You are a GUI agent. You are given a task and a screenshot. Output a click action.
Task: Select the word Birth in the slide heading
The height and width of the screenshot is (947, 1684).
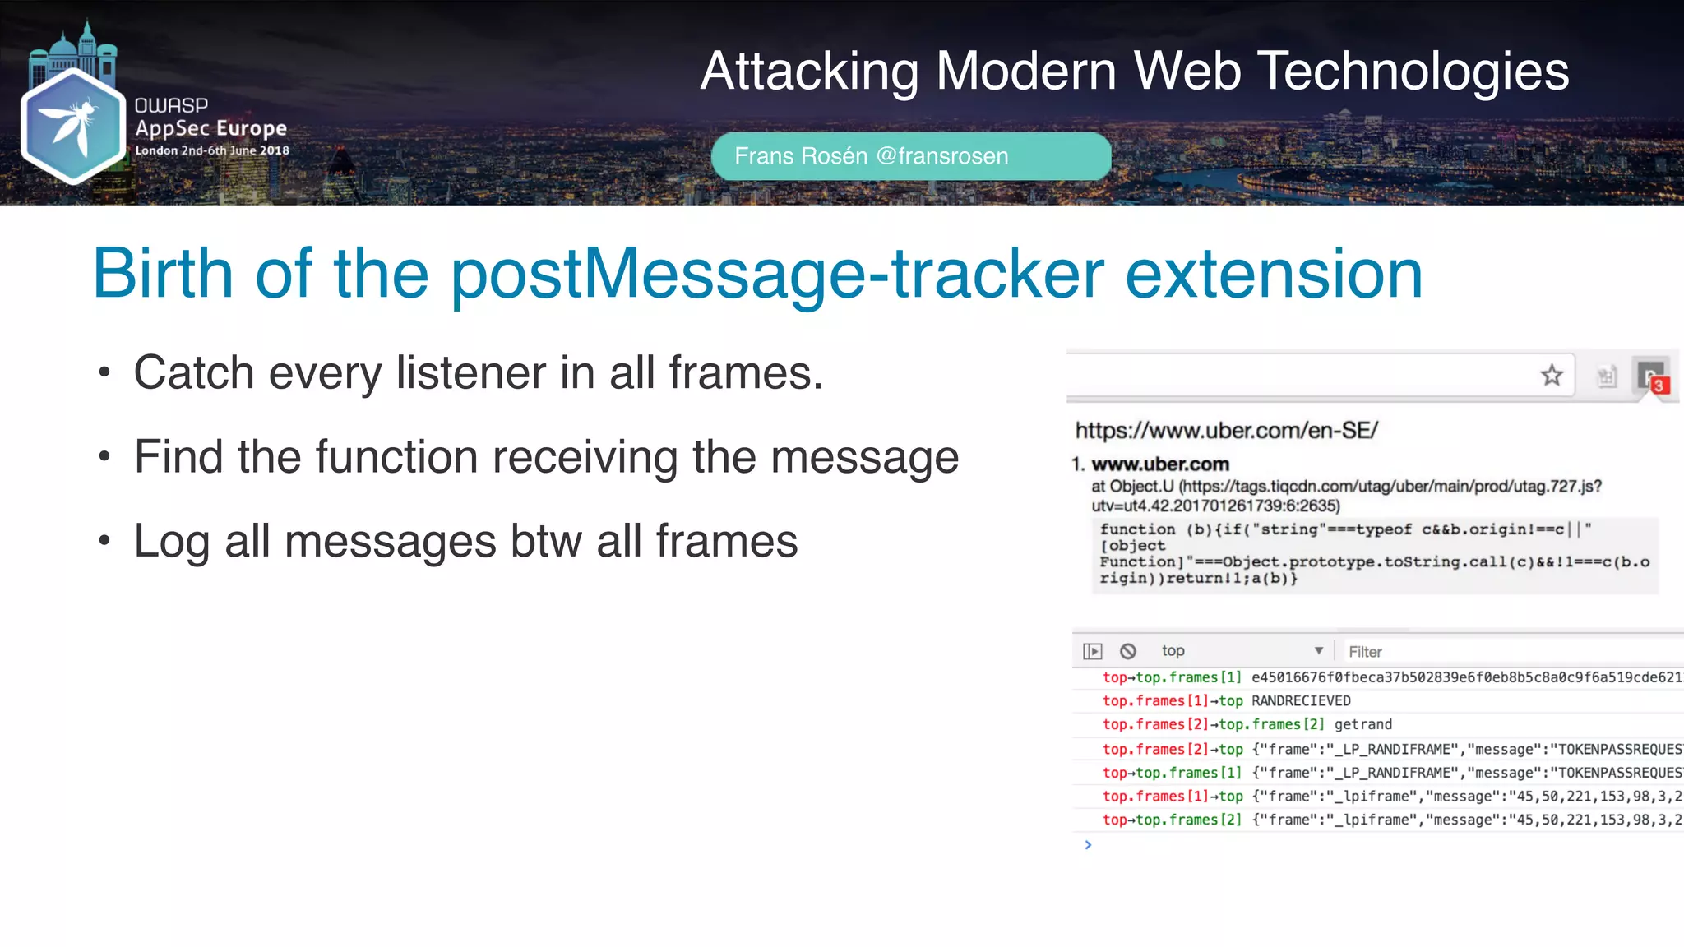[163, 274]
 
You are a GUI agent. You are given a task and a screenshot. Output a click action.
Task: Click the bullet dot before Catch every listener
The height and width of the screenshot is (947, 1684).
[104, 373]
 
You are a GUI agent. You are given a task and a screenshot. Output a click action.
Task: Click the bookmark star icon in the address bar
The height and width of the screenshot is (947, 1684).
[1551, 376]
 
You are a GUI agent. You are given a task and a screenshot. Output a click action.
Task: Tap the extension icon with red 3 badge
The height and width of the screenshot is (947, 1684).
[1651, 377]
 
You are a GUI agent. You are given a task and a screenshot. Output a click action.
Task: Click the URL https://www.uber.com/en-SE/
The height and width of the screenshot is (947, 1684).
[1226, 430]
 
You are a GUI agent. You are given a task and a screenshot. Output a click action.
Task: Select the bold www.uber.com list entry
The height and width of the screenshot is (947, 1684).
[1159, 464]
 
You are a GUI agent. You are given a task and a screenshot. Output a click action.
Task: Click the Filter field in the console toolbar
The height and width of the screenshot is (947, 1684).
[1480, 652]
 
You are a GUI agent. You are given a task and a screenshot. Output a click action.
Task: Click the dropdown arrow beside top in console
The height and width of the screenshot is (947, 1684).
[1318, 650]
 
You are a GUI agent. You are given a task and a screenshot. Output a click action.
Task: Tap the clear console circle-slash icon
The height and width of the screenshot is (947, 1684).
[1128, 651]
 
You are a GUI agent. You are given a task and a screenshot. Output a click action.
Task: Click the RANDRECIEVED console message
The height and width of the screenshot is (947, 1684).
[1301, 701]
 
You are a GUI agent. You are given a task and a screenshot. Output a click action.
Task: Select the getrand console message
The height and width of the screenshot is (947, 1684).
[1362, 724]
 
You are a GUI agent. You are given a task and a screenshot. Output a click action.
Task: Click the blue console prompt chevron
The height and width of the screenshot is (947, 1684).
[1088, 845]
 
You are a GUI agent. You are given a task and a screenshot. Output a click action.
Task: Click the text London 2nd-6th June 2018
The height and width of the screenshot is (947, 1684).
[212, 150]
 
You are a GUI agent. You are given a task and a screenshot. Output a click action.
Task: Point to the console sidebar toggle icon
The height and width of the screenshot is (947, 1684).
[1092, 651]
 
